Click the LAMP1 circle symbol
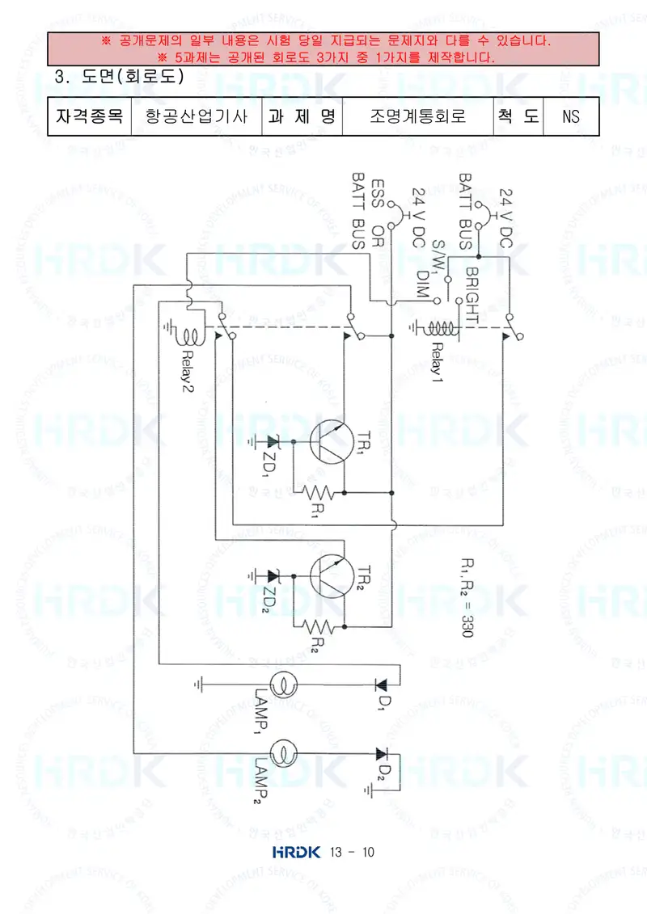pos(284,685)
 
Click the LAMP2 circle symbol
pos(284,754)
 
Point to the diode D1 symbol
pos(382,685)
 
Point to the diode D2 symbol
pos(382,754)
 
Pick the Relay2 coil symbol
pos(192,335)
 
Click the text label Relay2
pos(188,371)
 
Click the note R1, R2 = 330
pos(467,597)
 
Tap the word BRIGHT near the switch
pos(472,296)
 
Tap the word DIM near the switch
pos(423,284)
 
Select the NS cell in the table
pos(571,116)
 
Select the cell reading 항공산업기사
pos(197,116)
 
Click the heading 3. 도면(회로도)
pos(119,76)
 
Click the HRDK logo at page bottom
pos(296,853)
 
